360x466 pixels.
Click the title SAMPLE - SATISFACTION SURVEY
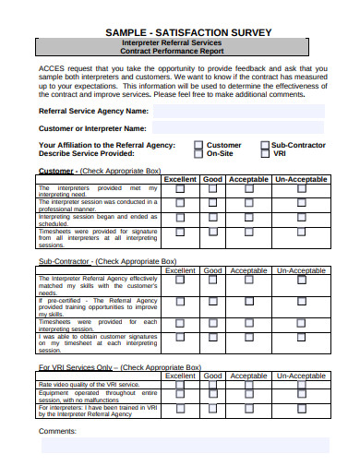[180, 31]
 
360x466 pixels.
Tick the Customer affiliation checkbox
[198, 145]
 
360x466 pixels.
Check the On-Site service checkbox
[198, 154]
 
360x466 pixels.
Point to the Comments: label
[58, 430]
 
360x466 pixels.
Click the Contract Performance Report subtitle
[180, 53]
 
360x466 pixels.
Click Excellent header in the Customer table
[180, 179]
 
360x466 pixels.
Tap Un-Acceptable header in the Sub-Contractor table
[300, 271]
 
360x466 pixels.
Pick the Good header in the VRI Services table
[213, 376]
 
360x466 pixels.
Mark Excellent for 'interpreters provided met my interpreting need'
[180, 189]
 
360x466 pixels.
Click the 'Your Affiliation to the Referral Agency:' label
[105, 145]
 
